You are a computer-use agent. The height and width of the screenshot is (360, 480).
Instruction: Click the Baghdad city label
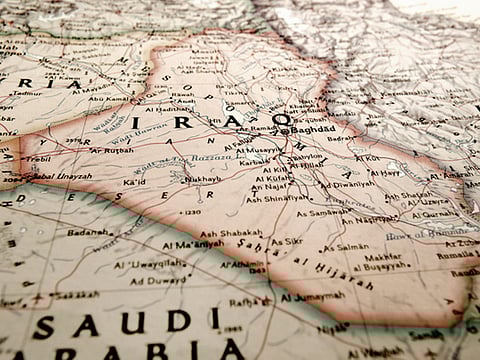pyautogui.click(x=313, y=131)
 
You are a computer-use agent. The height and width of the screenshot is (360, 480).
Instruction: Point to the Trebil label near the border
pyautogui.click(x=37, y=160)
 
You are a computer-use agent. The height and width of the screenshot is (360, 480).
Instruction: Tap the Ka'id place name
pyautogui.click(x=134, y=183)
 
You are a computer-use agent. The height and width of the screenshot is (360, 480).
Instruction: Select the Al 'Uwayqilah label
pyautogui.click(x=151, y=265)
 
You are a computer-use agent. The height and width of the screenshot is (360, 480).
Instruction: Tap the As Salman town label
pyautogui.click(x=349, y=248)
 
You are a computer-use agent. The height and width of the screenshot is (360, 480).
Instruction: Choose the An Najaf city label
pyautogui.click(x=271, y=186)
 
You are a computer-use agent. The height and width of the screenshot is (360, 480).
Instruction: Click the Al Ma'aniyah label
pyautogui.click(x=196, y=243)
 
